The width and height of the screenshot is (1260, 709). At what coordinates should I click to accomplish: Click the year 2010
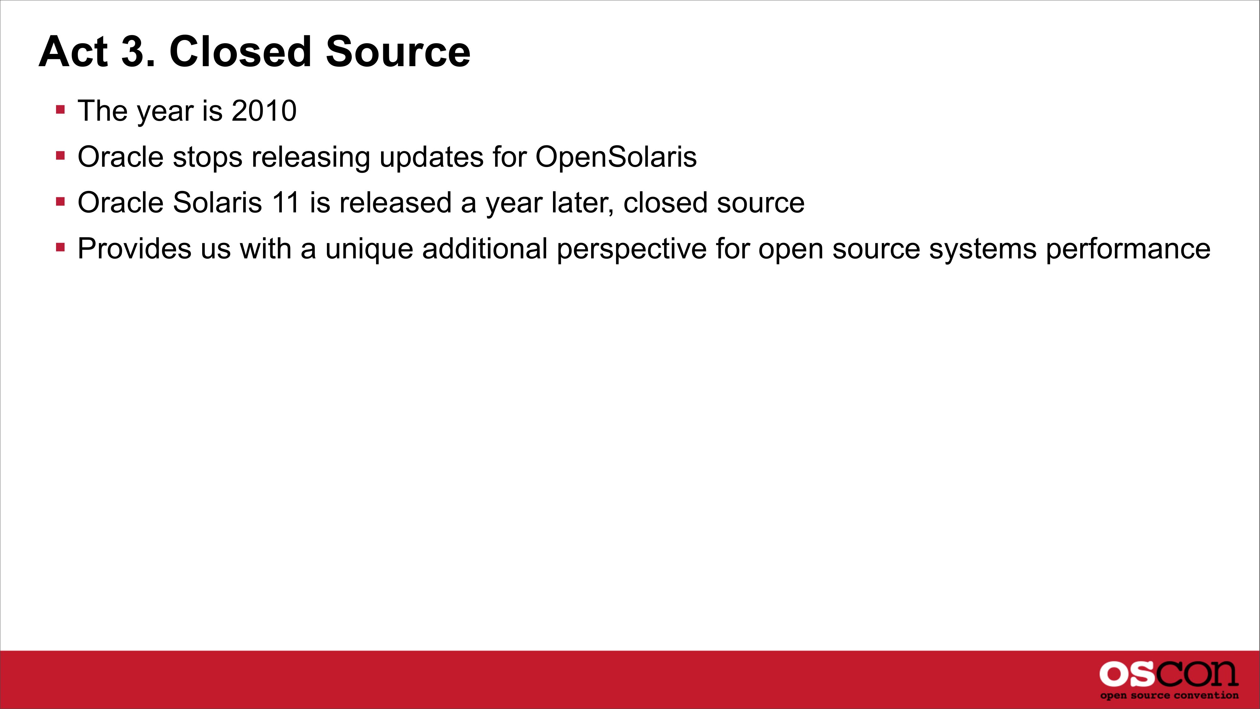point(264,111)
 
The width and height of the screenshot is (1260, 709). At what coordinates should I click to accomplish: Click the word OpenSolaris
point(616,157)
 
